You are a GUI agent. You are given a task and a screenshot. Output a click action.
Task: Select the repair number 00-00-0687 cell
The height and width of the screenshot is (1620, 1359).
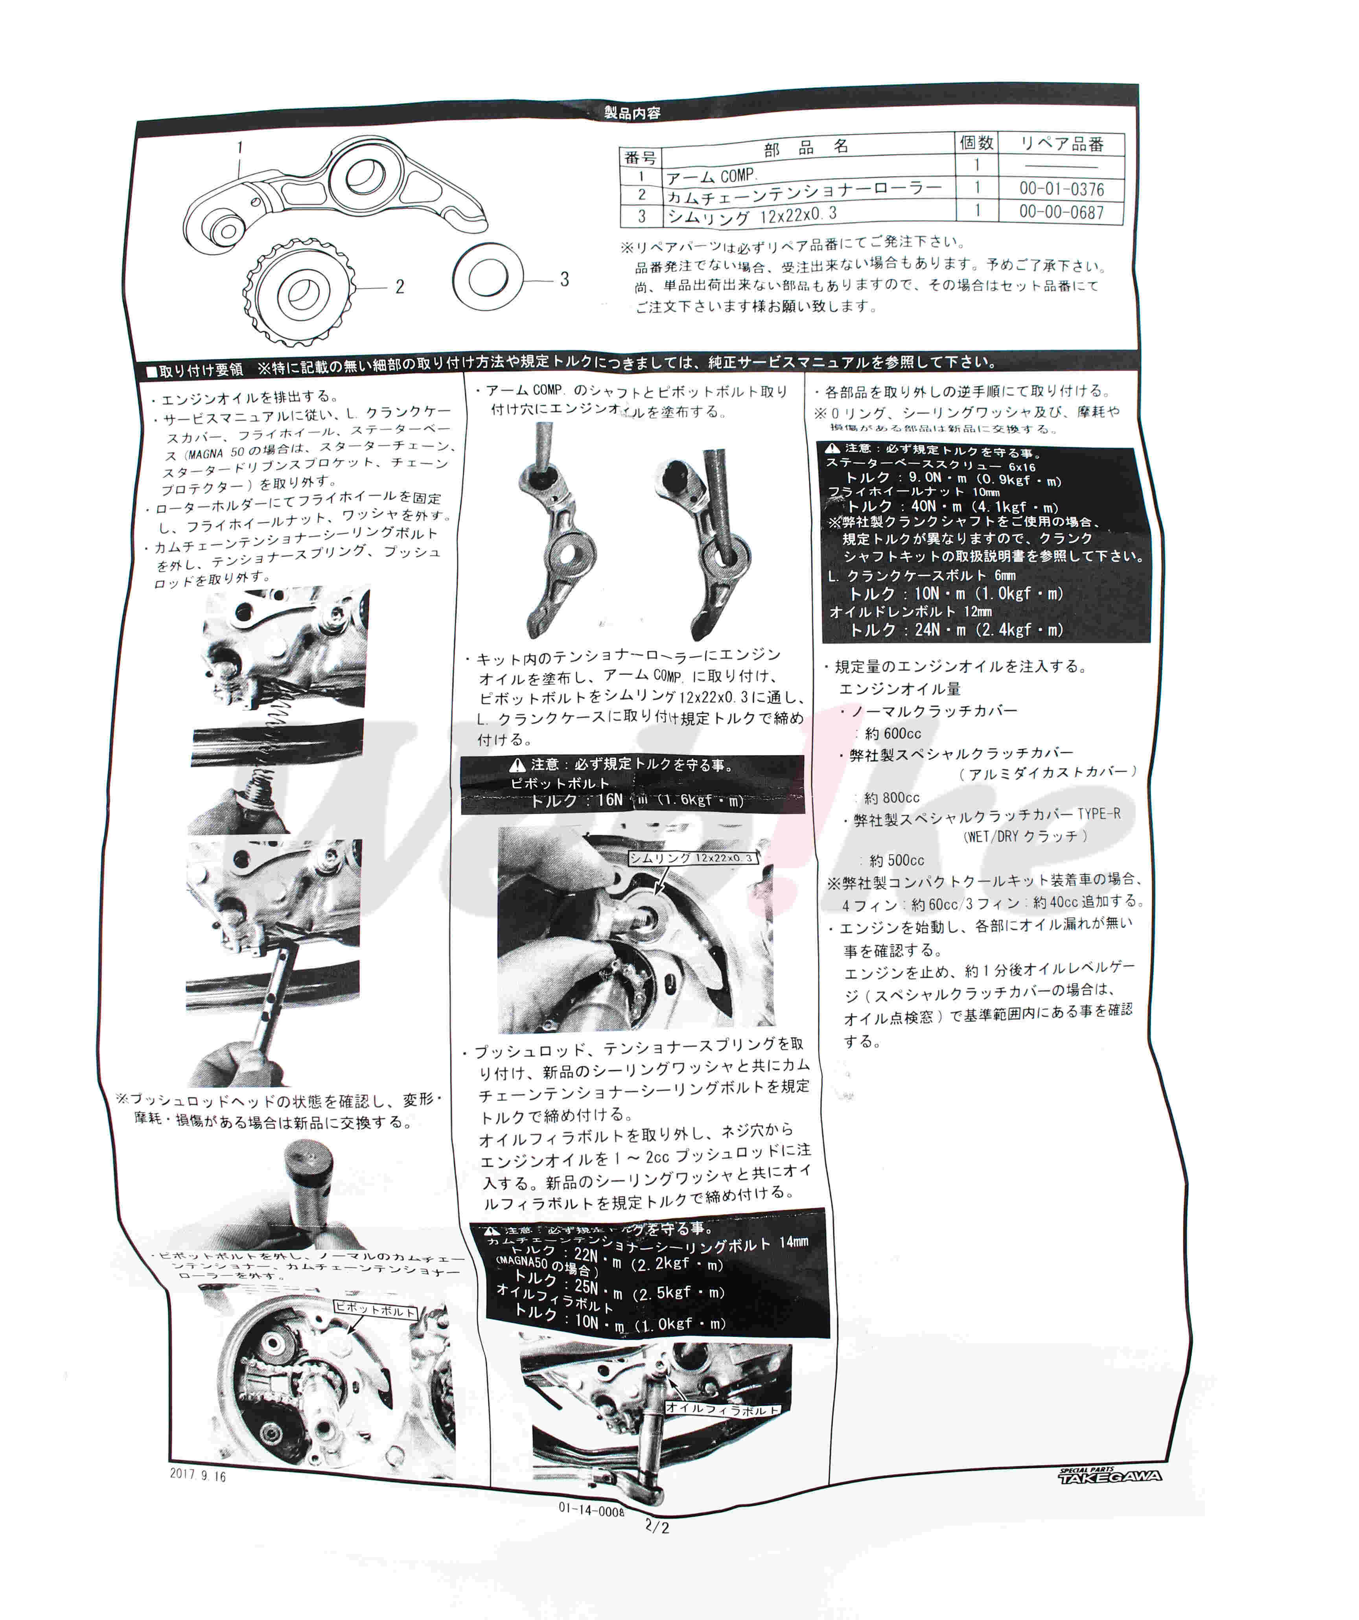coord(1061,212)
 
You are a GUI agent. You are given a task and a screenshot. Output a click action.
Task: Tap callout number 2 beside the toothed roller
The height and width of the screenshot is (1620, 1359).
coord(400,287)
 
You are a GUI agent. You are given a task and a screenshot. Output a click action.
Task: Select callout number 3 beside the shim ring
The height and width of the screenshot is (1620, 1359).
coord(565,279)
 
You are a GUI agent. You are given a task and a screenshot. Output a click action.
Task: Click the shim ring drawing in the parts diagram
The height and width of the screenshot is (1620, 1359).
coord(488,276)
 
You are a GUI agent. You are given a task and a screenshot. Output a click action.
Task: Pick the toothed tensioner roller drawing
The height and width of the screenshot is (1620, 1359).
coord(301,293)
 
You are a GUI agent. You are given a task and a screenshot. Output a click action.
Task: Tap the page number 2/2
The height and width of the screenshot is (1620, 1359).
coord(657,1527)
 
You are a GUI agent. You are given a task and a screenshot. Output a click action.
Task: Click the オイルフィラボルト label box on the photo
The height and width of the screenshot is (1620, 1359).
coord(722,1408)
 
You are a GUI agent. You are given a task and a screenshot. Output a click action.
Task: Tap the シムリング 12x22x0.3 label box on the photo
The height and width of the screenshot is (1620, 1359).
coord(692,858)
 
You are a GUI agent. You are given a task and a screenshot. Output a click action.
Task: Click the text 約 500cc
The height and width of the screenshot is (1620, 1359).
coord(896,860)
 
